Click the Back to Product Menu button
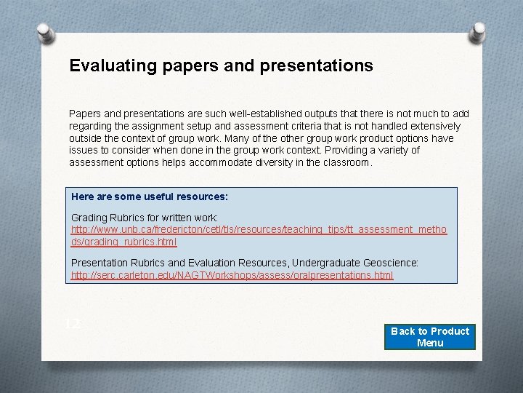430,337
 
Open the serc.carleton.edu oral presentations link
232,275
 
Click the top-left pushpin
45,33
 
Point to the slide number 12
72,325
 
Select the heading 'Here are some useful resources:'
150,196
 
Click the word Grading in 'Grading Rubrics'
89,218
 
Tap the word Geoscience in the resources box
392,262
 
